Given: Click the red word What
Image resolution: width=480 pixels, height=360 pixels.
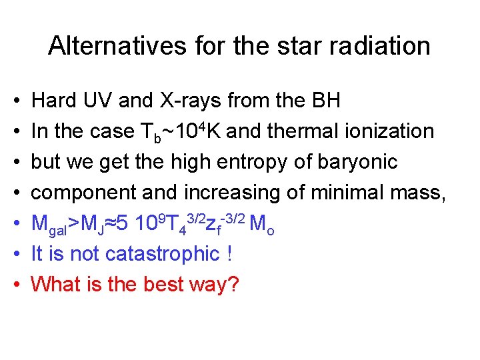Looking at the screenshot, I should (x=55, y=285).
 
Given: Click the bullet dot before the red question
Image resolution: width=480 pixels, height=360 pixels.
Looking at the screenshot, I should (x=15, y=285).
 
